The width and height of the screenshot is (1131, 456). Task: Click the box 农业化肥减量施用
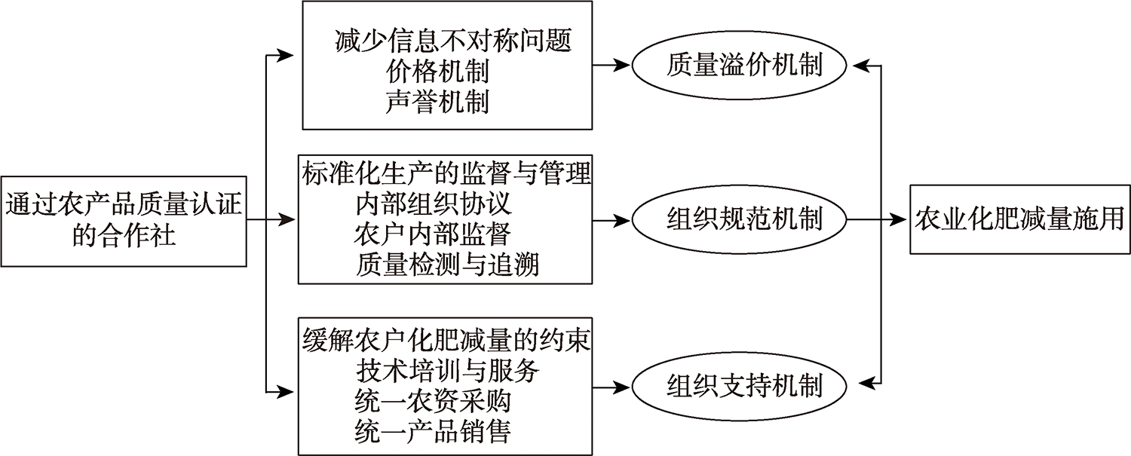click(x=1020, y=219)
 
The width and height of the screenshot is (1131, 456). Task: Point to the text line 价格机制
click(x=437, y=71)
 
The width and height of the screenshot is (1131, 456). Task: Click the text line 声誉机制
click(x=437, y=102)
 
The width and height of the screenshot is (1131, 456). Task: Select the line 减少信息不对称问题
click(x=453, y=41)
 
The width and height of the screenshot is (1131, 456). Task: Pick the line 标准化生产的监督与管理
click(x=446, y=173)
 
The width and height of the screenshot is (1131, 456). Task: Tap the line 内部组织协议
click(x=434, y=204)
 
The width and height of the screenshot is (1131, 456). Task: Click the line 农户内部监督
click(x=433, y=234)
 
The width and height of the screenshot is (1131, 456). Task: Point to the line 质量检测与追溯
click(x=447, y=265)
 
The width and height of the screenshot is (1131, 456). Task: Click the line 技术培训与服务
click(x=448, y=371)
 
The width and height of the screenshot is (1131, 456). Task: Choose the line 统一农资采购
click(x=433, y=401)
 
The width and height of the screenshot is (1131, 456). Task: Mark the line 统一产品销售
click(x=433, y=431)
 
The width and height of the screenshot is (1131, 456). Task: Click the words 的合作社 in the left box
click(x=124, y=235)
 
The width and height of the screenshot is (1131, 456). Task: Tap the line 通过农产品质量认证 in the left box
click(x=124, y=205)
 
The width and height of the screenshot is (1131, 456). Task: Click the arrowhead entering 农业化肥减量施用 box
click(x=898, y=219)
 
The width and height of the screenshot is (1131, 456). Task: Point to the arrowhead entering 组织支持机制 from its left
click(x=621, y=388)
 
